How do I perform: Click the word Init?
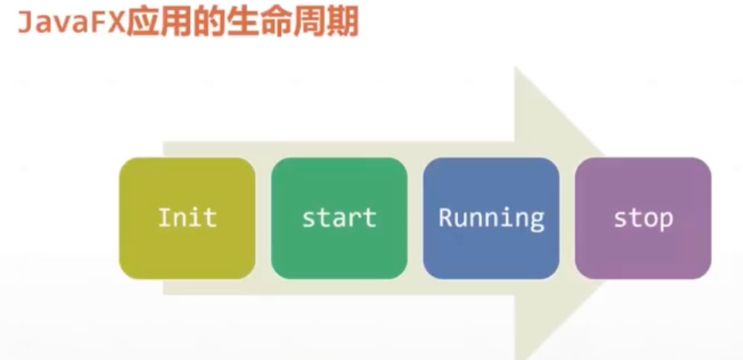[187, 217]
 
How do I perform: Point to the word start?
[339, 217]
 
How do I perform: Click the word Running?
[491, 218]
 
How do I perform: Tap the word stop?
[643, 218]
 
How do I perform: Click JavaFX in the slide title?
[69, 23]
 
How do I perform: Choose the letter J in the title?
[25, 24]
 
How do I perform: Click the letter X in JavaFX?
[111, 24]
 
